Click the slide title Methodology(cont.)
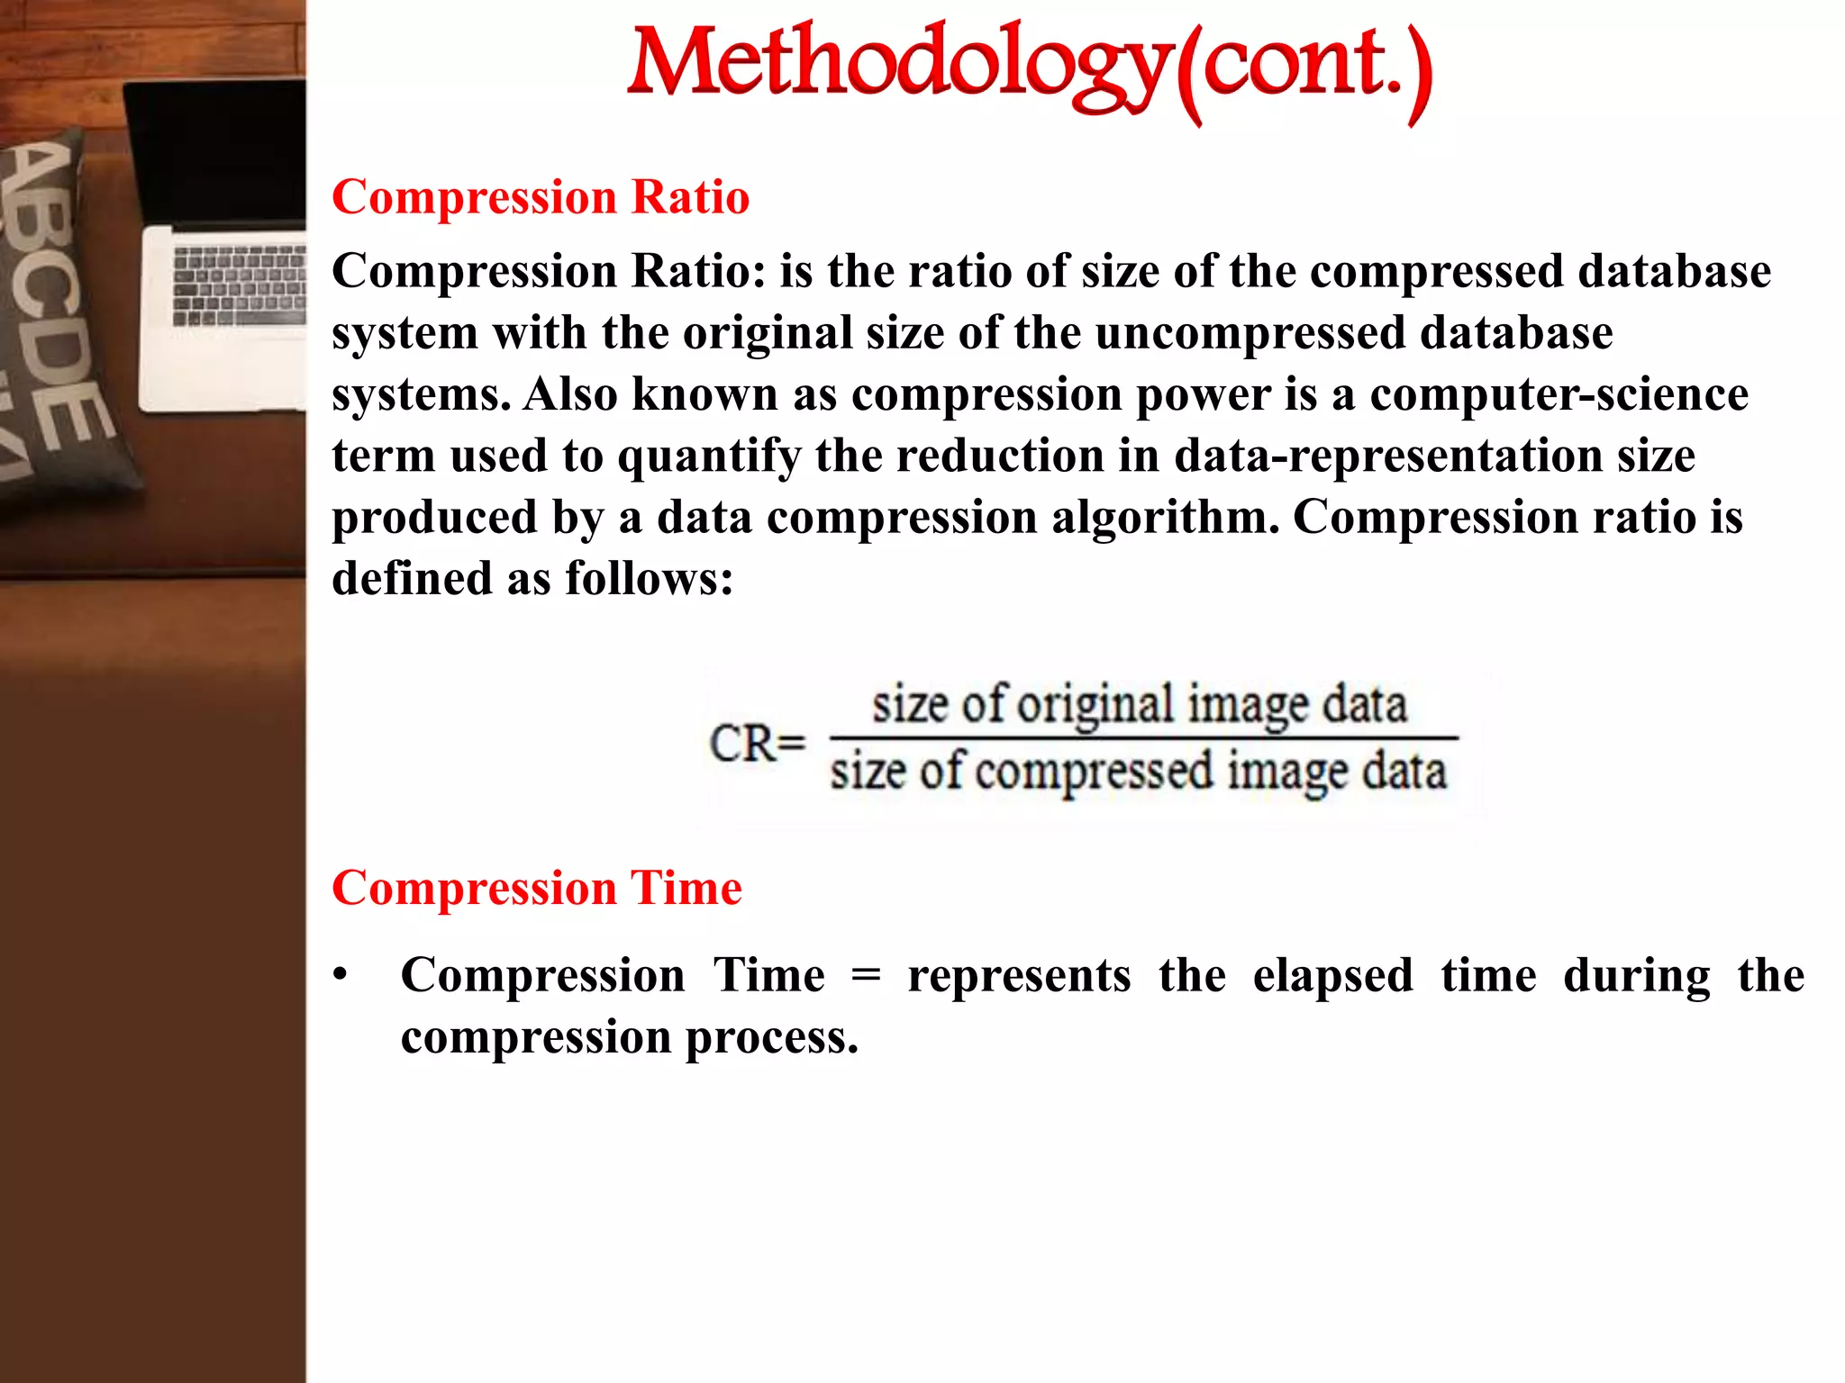1029,65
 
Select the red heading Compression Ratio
541,197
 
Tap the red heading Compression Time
537,888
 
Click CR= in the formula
757,745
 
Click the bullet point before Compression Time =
340,976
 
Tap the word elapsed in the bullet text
1332,976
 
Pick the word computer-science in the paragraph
1559,394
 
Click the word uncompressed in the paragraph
1250,333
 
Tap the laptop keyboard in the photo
240,285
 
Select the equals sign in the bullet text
865,976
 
